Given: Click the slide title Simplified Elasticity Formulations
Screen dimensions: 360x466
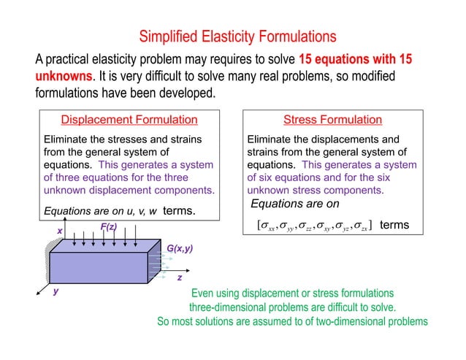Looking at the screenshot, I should (237, 36).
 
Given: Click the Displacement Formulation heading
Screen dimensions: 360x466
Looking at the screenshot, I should (129, 120).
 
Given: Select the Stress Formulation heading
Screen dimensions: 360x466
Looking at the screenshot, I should (332, 120).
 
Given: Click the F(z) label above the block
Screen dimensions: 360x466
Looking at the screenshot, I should (109, 227).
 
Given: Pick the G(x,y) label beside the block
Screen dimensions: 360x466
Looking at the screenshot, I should (180, 249).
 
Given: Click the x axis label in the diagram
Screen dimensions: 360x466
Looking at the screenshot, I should (60, 231).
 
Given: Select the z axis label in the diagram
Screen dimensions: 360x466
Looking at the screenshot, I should (179, 279).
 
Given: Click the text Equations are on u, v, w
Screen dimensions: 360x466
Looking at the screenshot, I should (101, 211).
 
